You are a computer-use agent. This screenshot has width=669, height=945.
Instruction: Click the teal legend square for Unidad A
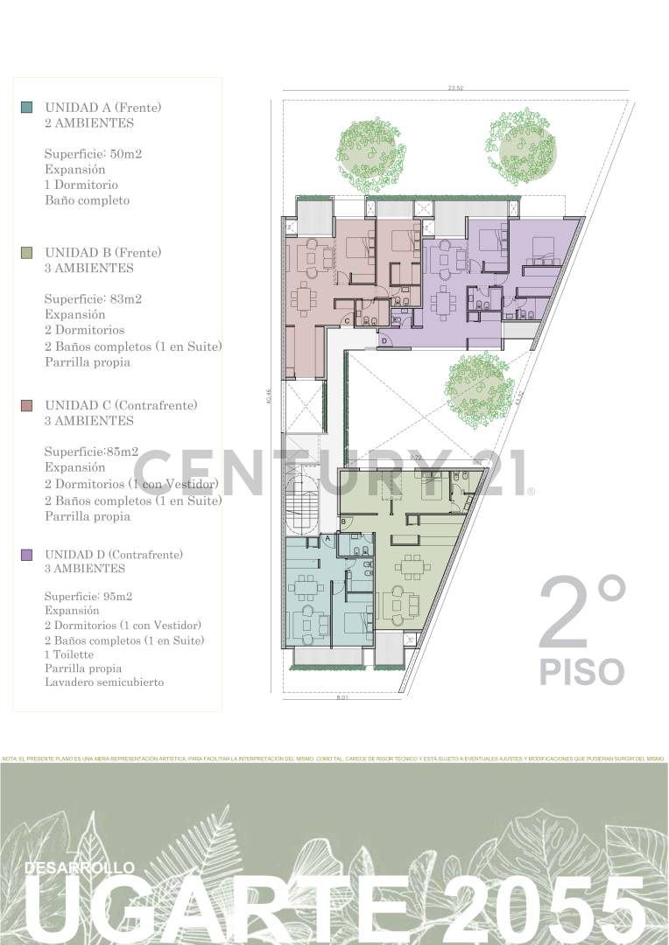tap(27, 108)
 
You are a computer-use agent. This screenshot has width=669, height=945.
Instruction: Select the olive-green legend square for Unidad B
tap(27, 253)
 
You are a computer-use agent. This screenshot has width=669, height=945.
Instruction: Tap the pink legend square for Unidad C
tap(27, 406)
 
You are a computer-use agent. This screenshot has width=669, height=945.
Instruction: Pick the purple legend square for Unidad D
tap(27, 555)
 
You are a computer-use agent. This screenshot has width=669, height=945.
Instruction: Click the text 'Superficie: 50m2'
tap(94, 154)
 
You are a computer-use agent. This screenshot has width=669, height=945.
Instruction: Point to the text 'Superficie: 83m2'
tap(94, 299)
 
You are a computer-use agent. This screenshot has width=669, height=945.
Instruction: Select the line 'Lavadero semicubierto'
tap(104, 682)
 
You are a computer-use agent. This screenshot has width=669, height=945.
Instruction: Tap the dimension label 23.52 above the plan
tap(454, 87)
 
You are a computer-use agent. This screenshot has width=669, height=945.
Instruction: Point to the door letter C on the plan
tap(347, 322)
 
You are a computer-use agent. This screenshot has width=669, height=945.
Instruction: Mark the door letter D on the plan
tap(384, 340)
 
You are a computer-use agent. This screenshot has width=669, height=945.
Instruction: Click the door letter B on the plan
tap(344, 522)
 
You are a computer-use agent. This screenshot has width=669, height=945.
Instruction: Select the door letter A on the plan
tap(327, 539)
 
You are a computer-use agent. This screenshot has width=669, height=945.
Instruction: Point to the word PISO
tap(581, 672)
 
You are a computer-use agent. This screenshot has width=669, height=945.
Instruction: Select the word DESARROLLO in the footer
tap(81, 867)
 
